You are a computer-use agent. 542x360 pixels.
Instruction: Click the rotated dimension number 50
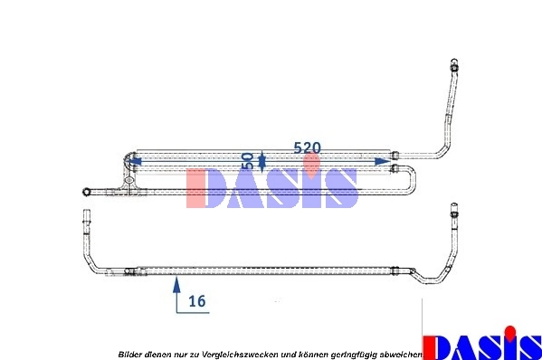[248, 161]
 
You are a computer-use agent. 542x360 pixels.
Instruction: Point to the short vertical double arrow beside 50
[262, 161]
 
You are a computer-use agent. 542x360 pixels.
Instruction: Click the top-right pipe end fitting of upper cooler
[453, 66]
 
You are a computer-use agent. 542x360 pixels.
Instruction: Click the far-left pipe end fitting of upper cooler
[86, 191]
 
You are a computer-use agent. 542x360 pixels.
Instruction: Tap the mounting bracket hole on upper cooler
[132, 181]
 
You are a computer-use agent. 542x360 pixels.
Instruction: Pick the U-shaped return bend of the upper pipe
[412, 178]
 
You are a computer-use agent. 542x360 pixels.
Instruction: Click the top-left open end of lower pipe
[86, 218]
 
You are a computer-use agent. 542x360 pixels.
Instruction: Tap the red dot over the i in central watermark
[312, 164]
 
